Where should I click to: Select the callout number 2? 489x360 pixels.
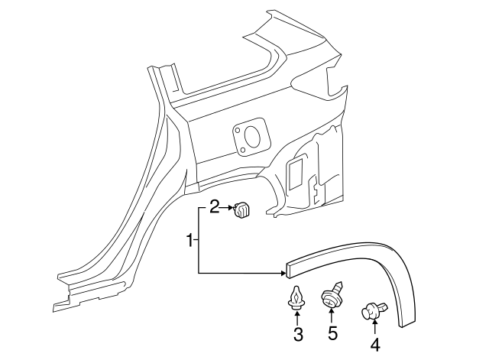215,206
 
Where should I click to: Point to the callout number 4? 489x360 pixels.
374,344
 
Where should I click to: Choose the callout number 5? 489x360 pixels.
332,333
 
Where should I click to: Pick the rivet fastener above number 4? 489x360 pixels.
374,309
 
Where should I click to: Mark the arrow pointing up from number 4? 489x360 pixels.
374,326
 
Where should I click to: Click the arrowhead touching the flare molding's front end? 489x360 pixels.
280,272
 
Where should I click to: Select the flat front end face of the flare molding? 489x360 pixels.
289,266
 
